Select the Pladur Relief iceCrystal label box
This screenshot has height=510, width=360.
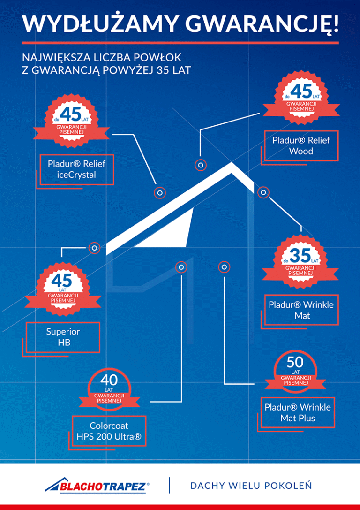pyautogui.click(x=76, y=169)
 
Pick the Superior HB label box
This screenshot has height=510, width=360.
pyautogui.click(x=63, y=337)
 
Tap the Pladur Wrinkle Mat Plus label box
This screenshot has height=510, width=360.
pyautogui.click(x=297, y=412)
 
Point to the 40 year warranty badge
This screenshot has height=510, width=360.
pyautogui.click(x=109, y=388)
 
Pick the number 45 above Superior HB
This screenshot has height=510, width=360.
pyautogui.click(x=62, y=281)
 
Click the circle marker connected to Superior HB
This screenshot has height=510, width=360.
pyautogui.click(x=94, y=248)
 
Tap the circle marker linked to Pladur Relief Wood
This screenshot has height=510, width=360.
pyautogui.click(x=201, y=165)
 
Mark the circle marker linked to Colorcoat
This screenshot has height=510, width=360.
pyautogui.click(x=181, y=267)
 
